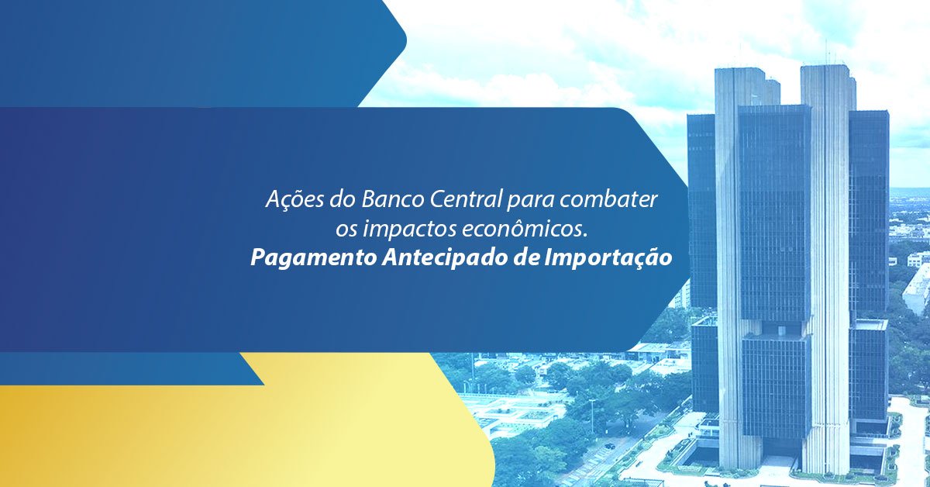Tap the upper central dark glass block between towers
point(774,209)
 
